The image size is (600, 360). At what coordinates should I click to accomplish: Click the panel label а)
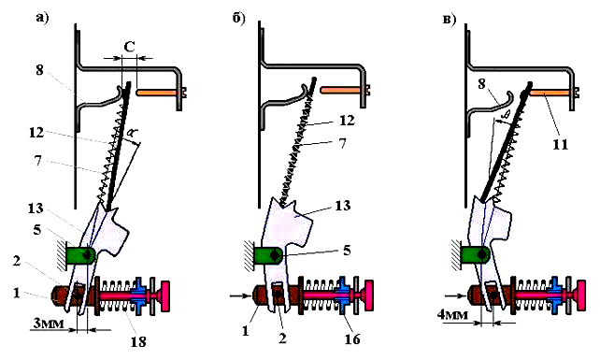pyautogui.click(x=42, y=18)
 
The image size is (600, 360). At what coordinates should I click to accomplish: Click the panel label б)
pyautogui.click(x=238, y=19)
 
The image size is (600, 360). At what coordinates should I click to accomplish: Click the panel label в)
pyautogui.click(x=450, y=19)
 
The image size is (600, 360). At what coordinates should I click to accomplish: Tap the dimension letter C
pyautogui.click(x=130, y=47)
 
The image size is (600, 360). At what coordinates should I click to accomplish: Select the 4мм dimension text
pyautogui.click(x=452, y=315)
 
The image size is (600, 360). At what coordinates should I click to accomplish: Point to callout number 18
pyautogui.click(x=138, y=341)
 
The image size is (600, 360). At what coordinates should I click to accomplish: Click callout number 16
pyautogui.click(x=352, y=338)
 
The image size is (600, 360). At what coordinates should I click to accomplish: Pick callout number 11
pyautogui.click(x=560, y=145)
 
